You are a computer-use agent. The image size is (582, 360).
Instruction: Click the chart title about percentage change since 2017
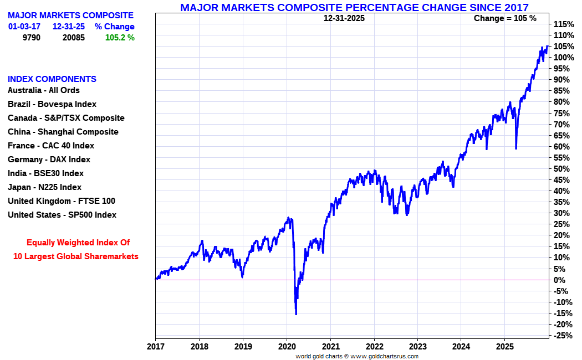point(354,7)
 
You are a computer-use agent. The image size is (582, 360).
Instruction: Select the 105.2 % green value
point(120,38)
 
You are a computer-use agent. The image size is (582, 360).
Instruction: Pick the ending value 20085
point(73,38)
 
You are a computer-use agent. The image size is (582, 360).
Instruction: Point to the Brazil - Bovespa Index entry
point(52,104)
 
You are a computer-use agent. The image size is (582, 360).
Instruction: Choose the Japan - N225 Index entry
point(44,187)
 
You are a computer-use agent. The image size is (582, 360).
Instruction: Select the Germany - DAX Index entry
point(49,160)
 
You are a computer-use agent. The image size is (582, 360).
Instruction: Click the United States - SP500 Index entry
point(62,215)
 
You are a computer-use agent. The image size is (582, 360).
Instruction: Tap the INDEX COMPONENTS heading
point(52,79)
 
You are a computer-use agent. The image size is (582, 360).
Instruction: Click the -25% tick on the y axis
point(563,336)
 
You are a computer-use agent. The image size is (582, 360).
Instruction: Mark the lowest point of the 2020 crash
point(296,314)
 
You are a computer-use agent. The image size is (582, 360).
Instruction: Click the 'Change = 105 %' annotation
point(505,18)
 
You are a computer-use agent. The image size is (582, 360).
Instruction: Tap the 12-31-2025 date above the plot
point(344,18)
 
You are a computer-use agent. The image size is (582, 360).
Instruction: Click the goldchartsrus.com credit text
point(357,356)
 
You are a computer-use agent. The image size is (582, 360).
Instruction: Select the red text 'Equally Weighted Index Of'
point(78,243)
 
